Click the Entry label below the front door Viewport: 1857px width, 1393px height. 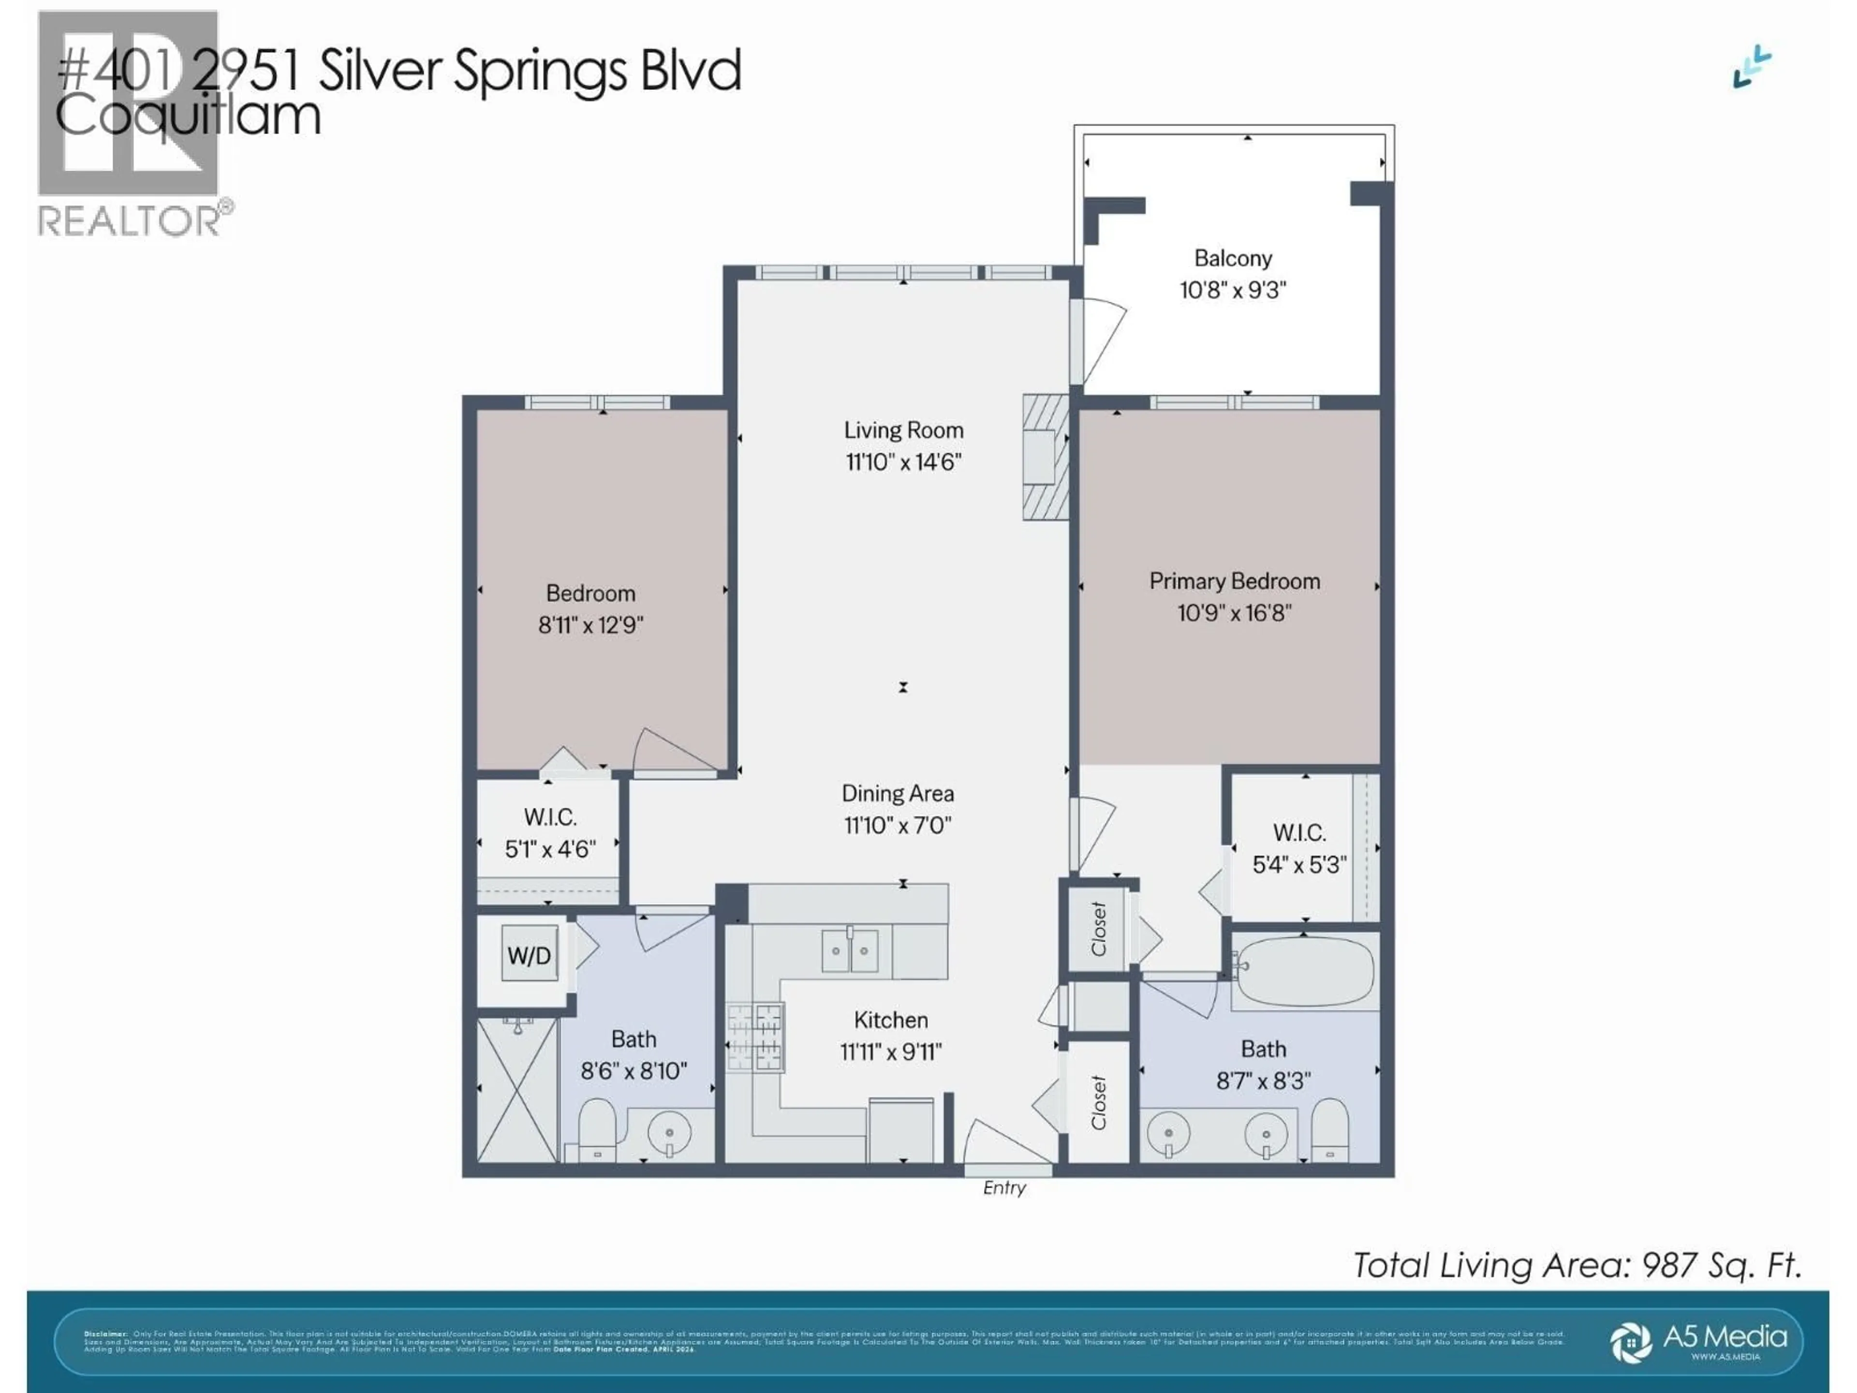pyautogui.click(x=1004, y=1188)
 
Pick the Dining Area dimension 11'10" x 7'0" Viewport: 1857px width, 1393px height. pyautogui.click(x=898, y=825)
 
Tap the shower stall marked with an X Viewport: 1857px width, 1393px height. pyautogui.click(x=517, y=1090)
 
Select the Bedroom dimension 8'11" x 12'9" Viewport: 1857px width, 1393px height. pyautogui.click(x=590, y=625)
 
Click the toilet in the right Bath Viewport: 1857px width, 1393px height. pyautogui.click(x=1330, y=1129)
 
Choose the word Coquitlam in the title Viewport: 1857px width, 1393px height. pyautogui.click(x=188, y=116)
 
